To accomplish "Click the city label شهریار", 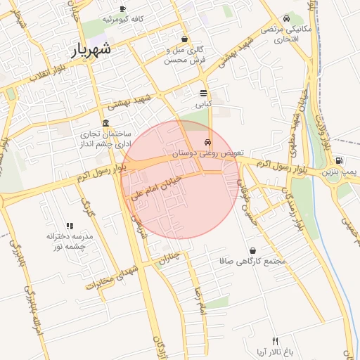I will coord(92,50).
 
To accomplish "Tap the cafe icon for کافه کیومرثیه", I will coord(123,9).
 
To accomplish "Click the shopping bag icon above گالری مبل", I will coord(184,39).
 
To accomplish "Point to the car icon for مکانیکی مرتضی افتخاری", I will coord(286,19).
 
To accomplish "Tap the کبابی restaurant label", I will coord(203,104).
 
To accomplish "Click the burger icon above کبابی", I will coord(203,93).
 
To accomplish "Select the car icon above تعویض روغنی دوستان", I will coord(206,141).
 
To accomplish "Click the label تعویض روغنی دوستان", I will coord(201,152).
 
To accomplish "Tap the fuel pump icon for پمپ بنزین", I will coord(340,160).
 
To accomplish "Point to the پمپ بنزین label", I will coord(340,172).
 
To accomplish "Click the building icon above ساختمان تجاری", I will coord(105,123).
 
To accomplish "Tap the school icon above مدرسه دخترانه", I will coord(70,226).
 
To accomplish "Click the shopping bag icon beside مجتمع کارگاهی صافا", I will coord(252,250).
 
